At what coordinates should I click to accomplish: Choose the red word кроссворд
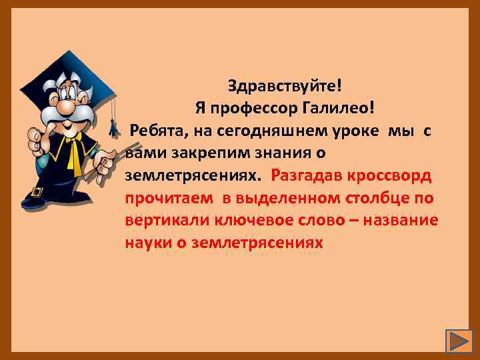click(x=397, y=175)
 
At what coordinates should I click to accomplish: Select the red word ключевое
click(x=261, y=220)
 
